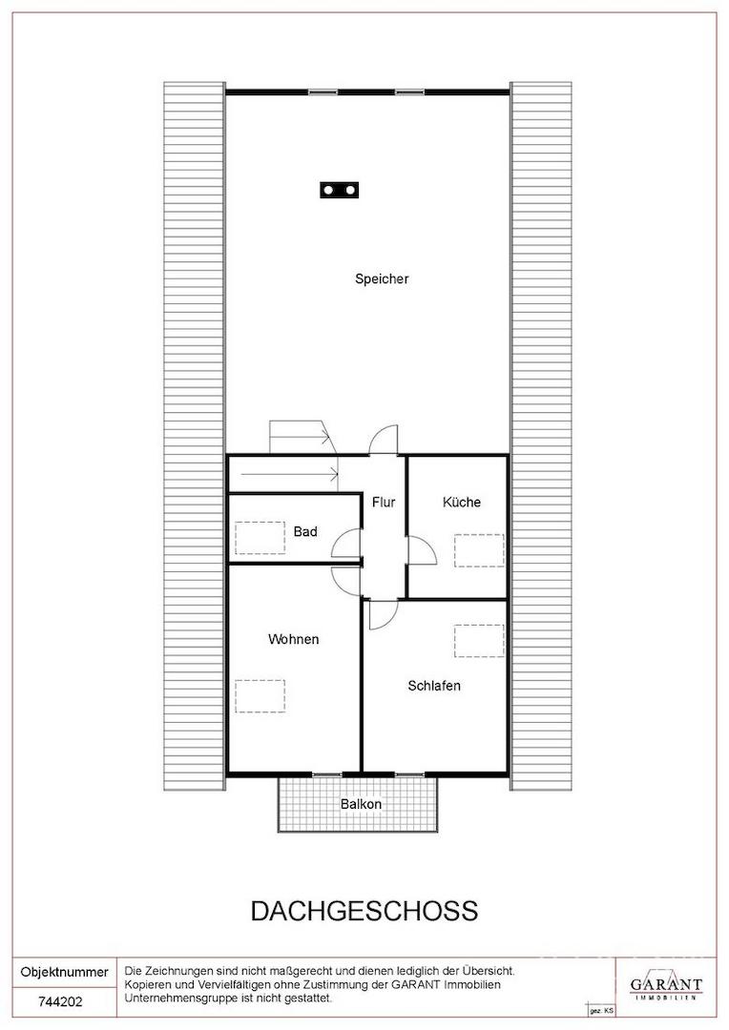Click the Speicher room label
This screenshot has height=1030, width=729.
coord(382,279)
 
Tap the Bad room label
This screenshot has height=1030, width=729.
coord(305,531)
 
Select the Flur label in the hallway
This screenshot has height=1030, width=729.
coord(384,503)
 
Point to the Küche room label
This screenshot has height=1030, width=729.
coord(462,502)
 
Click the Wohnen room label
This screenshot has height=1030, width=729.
coord(293,639)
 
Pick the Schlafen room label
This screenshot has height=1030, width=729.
coord(434,686)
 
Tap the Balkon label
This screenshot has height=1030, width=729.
coord(361,804)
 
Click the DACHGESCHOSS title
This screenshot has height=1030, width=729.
coord(364,911)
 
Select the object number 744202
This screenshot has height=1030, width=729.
coord(60,1001)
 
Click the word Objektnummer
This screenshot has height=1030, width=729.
coord(65,972)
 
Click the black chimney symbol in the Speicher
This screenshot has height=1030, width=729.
coord(340,190)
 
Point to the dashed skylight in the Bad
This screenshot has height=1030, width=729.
coord(260,537)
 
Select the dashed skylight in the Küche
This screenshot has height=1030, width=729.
coord(479,550)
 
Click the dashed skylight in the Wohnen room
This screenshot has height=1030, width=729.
coord(260,696)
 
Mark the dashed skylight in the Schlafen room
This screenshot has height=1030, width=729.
coord(479,641)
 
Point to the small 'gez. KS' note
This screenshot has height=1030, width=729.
coord(601,1010)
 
